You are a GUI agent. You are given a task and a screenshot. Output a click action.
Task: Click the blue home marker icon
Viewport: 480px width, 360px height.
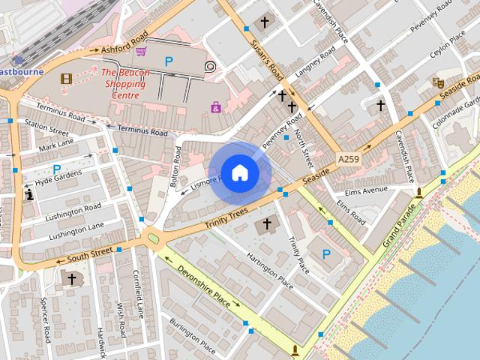(x=239, y=172)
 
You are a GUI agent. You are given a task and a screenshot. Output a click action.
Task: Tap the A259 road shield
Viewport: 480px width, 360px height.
(x=347, y=160)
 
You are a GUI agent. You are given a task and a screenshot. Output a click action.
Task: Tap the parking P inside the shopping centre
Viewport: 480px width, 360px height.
(x=169, y=61)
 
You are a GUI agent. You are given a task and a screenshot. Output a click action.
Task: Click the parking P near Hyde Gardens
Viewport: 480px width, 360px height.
(x=56, y=169)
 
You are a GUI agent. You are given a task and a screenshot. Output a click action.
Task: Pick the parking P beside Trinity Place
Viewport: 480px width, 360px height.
(x=326, y=255)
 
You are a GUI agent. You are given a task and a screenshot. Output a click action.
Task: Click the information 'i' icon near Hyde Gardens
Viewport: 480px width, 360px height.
(x=29, y=195)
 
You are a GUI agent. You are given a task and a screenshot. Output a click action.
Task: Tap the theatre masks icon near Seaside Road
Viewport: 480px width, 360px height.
(x=437, y=82)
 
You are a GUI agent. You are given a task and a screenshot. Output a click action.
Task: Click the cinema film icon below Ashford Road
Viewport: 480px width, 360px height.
(x=66, y=79)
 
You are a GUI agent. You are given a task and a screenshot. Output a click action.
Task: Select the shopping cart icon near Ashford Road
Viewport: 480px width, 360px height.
(x=141, y=51)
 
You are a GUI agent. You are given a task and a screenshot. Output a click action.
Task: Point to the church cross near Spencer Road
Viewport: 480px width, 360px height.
(x=72, y=279)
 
